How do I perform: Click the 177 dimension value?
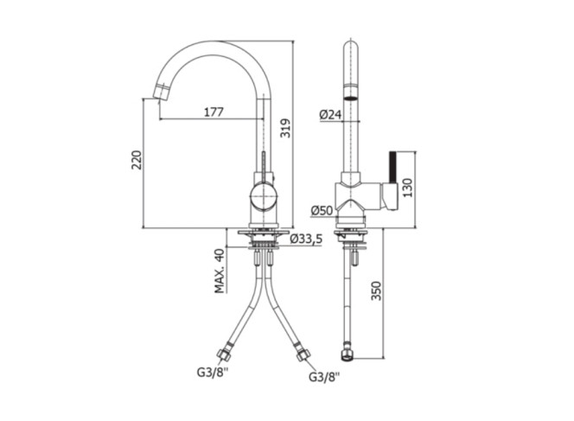pyautogui.click(x=214, y=112)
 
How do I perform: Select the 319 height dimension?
pyautogui.click(x=285, y=128)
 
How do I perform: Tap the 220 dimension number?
pyautogui.click(x=137, y=160)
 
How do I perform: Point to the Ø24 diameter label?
pyautogui.click(x=330, y=115)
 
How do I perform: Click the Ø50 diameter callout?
pyautogui.click(x=322, y=211)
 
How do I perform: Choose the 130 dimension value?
pyautogui.click(x=407, y=188)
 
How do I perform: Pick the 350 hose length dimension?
pyautogui.click(x=376, y=290)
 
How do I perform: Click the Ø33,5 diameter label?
pyautogui.click(x=306, y=239)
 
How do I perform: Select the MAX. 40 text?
pyautogui.click(x=219, y=271)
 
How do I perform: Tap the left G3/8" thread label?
pyautogui.click(x=213, y=373)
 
